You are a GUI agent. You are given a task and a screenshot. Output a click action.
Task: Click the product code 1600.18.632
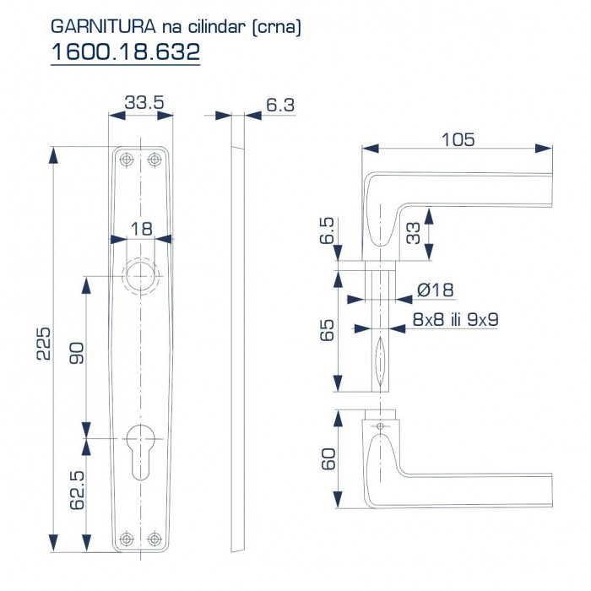point(125,52)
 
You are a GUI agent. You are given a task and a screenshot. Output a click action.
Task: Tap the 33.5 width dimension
point(143,103)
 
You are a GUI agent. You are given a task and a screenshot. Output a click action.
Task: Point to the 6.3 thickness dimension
point(279,105)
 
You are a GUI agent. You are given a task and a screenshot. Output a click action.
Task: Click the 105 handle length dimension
point(458,138)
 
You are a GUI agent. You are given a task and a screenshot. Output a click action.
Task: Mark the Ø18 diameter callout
point(436,290)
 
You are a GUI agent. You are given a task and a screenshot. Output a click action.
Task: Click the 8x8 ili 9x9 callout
point(454,320)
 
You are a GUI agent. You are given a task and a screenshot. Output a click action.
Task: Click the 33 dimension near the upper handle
point(414,233)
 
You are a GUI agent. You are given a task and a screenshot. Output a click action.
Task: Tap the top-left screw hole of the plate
point(127,160)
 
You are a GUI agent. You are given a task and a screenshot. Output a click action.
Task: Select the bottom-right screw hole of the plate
point(154,538)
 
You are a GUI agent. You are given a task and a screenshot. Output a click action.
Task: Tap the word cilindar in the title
point(220,27)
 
